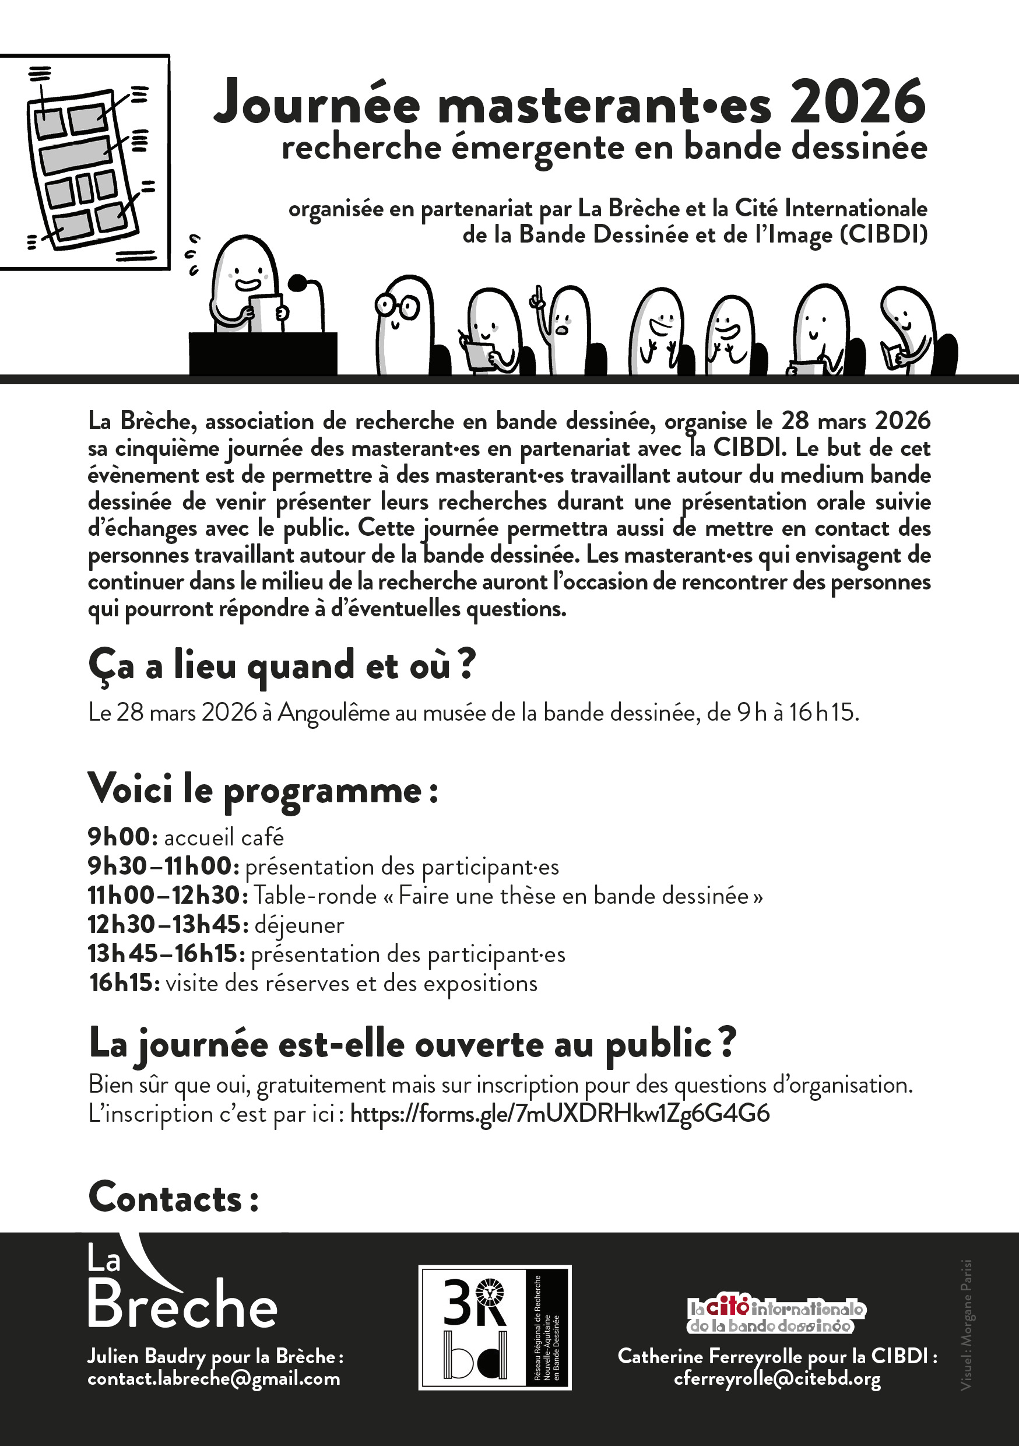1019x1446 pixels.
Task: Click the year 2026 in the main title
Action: coord(858,103)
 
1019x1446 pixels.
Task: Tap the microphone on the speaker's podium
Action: coord(298,283)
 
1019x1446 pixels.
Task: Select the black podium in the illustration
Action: coord(263,353)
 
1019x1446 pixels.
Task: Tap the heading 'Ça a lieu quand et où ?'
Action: coord(282,666)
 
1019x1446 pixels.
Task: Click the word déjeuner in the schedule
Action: coord(299,925)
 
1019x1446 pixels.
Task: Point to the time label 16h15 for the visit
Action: coord(124,982)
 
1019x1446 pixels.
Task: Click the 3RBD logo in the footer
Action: coord(494,1327)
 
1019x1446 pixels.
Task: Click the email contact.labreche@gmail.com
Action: coord(213,1378)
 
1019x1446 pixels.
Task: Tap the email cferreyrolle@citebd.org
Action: coord(777,1378)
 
